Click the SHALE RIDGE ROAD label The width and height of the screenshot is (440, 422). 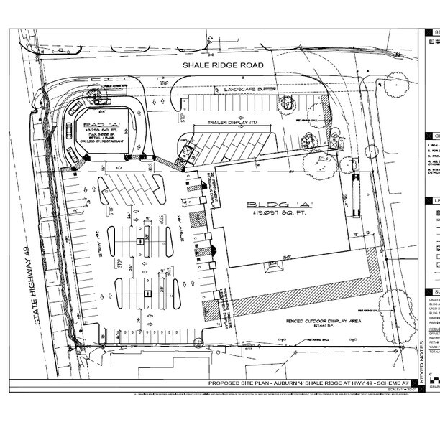[224, 66]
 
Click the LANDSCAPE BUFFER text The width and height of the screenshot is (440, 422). [249, 88]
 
